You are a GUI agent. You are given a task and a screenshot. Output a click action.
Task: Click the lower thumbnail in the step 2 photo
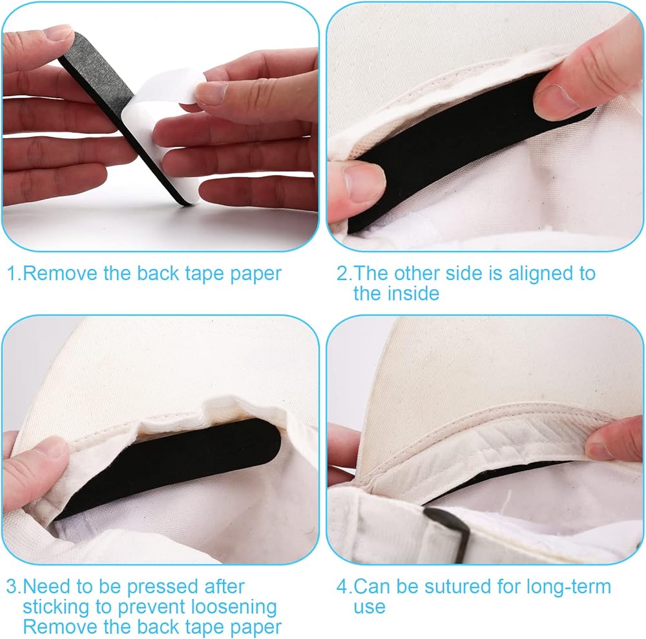[364, 181]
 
